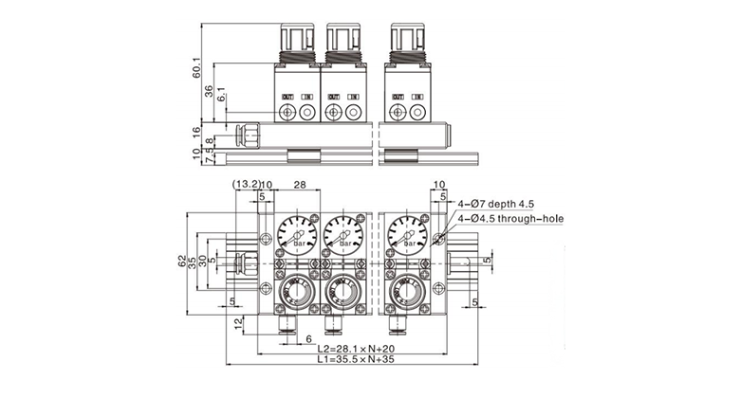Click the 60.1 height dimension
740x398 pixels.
click(x=196, y=67)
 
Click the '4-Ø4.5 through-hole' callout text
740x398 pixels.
click(x=509, y=219)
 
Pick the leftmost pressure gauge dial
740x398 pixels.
click(x=297, y=230)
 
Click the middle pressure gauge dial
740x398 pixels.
click(x=342, y=230)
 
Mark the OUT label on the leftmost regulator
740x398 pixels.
click(x=287, y=97)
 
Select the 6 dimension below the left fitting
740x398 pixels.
click(x=308, y=338)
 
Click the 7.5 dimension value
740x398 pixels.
click(x=196, y=158)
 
